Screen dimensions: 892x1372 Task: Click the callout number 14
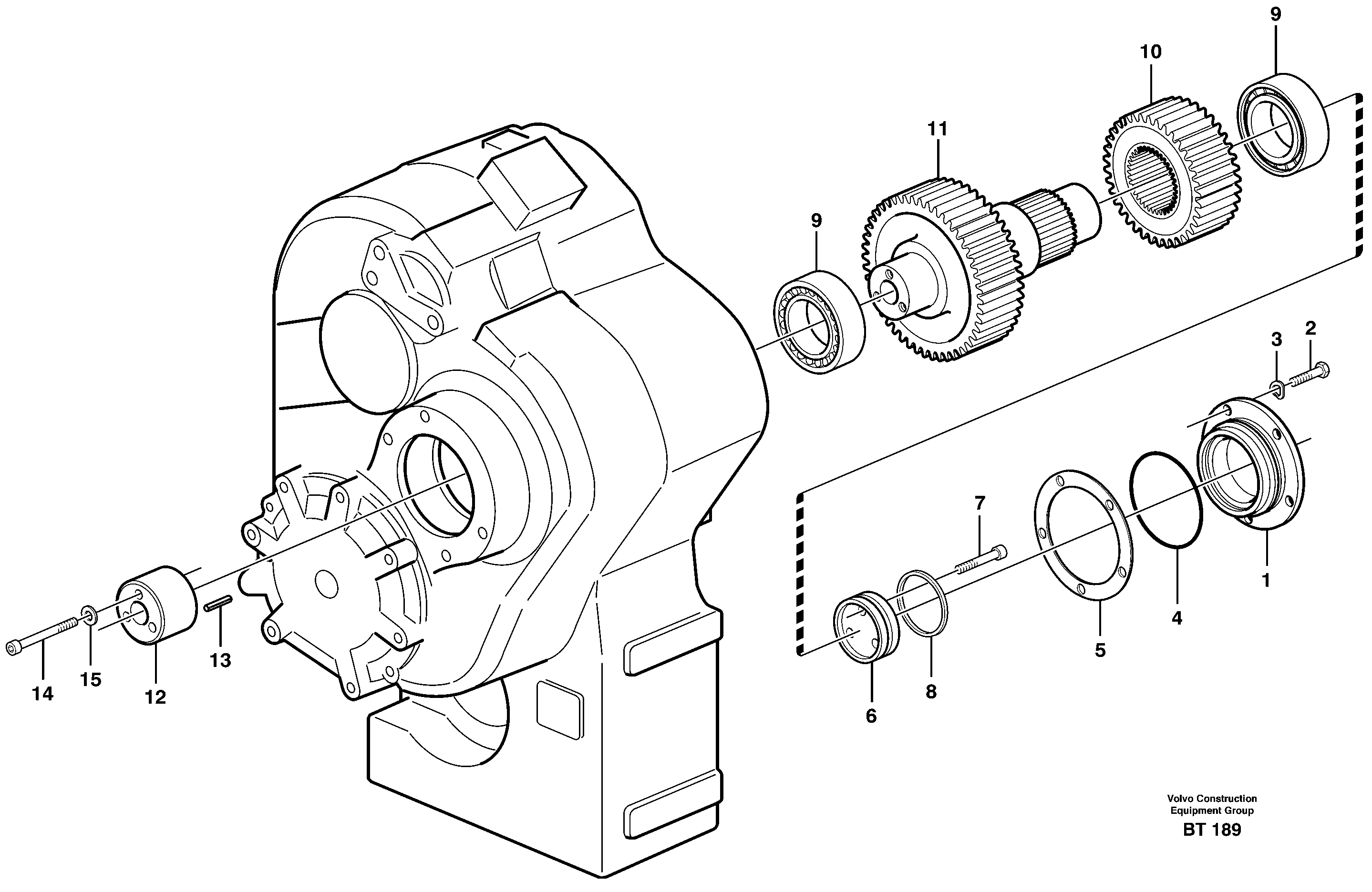[x=42, y=694]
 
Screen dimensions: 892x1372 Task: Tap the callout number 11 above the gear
[x=938, y=129]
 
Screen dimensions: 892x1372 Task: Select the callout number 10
[x=1151, y=52]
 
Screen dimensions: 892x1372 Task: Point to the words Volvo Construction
[x=1212, y=799]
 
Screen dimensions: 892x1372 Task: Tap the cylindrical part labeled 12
[x=157, y=605]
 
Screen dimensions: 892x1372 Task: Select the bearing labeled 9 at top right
[x=1282, y=124]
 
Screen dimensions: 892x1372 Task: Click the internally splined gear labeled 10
[x=1170, y=173]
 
